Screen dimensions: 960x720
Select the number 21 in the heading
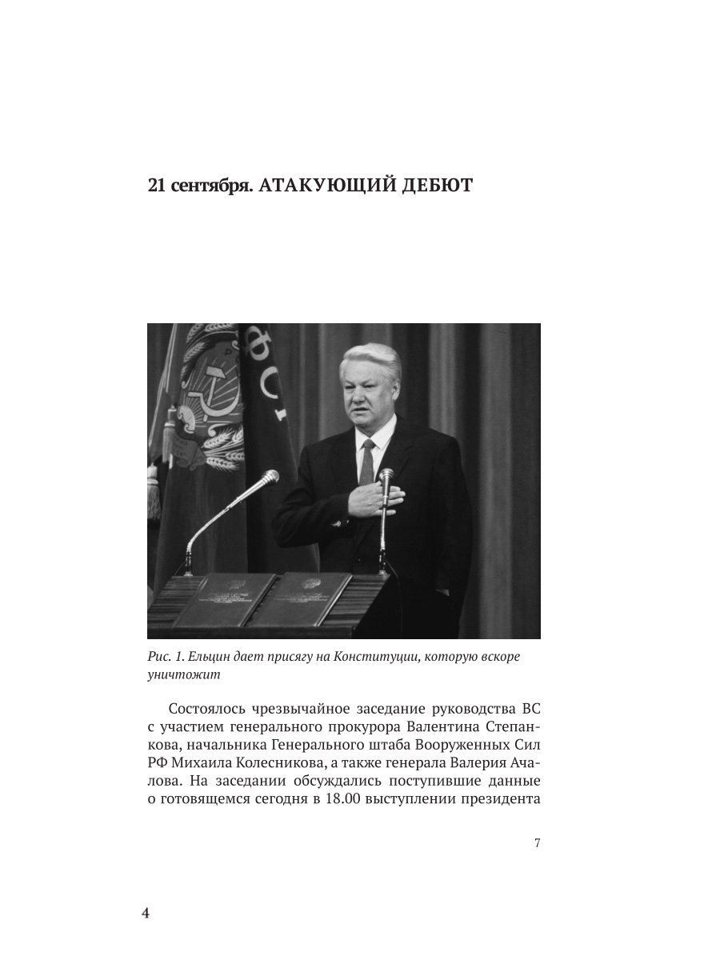click(157, 186)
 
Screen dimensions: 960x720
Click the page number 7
click(537, 843)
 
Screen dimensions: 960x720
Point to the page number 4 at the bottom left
click(146, 914)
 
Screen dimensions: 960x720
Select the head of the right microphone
click(386, 477)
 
